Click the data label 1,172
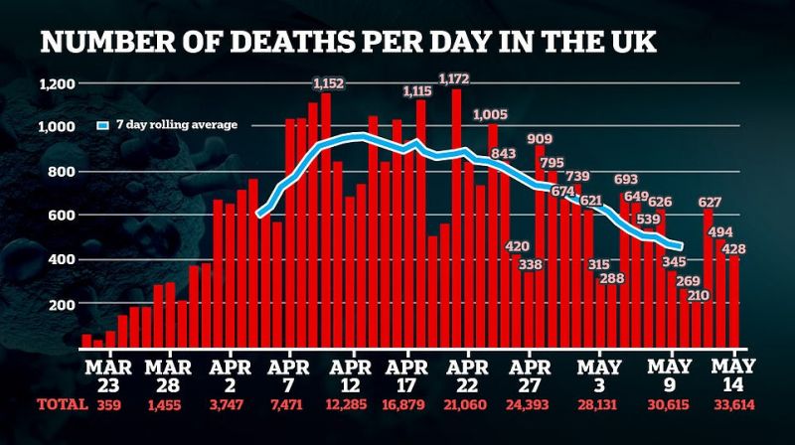454,79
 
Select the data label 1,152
329,83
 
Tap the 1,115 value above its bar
417,91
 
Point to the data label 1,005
490,114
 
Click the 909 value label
540,139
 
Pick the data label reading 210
699,295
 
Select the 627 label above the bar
710,203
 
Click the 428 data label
733,249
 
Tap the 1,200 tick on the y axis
58,83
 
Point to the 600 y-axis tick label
62,215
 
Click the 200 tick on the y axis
62,304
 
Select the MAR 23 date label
108,376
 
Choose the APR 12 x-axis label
350,376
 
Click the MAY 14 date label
733,375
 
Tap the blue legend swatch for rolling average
103,125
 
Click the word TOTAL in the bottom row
63,404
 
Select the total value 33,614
734,405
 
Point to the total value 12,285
346,405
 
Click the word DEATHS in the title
292,42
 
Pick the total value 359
108,405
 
